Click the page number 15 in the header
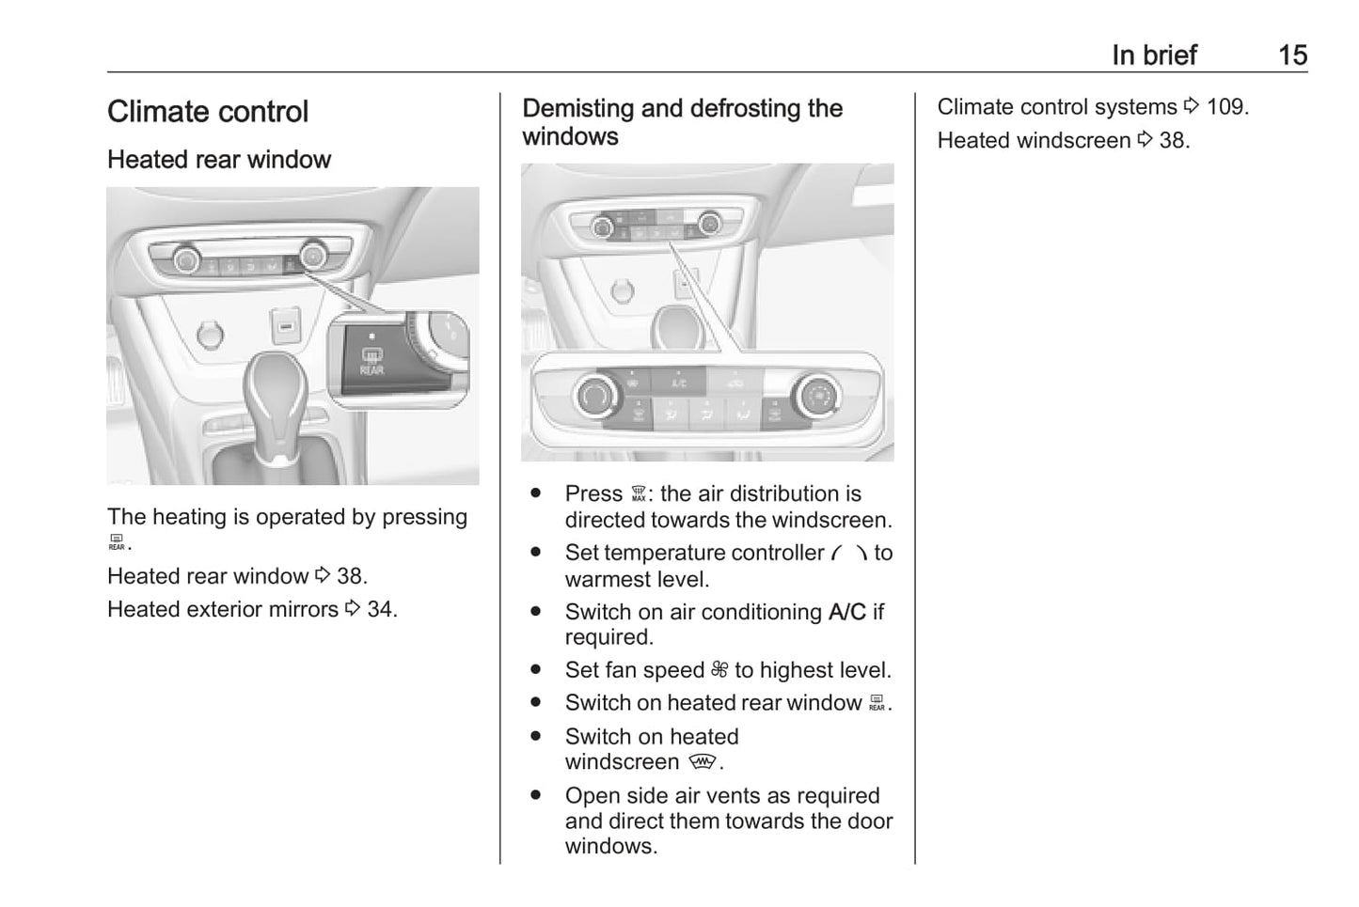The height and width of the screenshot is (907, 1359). pos(1292,55)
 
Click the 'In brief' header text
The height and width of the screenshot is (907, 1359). pos(1154,55)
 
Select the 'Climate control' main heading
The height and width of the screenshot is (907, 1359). pos(208,112)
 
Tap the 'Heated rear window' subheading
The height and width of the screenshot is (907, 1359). pos(219,160)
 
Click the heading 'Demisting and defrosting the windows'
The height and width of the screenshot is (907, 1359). pos(682,122)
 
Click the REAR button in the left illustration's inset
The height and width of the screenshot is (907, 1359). pos(371,362)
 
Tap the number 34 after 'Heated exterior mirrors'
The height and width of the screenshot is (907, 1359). pos(381,609)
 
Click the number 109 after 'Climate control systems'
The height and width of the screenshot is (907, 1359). pos(1225,107)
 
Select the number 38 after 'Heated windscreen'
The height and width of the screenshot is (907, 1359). pos(1173,141)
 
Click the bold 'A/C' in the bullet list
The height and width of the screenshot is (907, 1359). pos(847,612)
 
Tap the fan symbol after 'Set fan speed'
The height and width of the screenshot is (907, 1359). pos(719,670)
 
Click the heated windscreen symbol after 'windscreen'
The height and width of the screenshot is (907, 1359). pos(703,761)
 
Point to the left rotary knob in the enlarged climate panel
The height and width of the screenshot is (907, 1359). pos(594,397)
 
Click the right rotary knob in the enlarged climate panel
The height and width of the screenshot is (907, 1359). pos(816,397)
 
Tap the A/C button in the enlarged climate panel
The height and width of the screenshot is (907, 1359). pos(679,383)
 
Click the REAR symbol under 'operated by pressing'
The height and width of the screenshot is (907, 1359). pos(117,542)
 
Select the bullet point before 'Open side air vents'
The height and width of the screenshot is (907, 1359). pos(536,795)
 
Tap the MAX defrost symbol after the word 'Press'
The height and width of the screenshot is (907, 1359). pos(639,494)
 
